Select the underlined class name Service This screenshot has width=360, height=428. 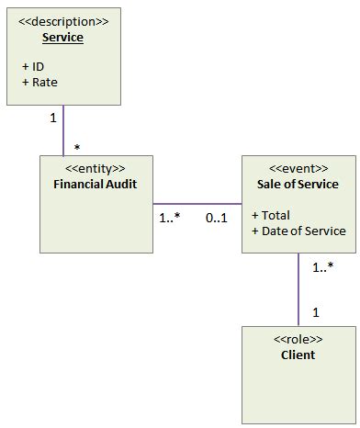tap(63, 38)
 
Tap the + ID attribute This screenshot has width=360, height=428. tap(33, 67)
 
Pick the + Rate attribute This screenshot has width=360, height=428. tap(39, 82)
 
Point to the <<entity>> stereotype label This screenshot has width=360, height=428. tap(96, 168)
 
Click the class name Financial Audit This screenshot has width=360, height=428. tap(96, 184)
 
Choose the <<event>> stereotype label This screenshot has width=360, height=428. tap(298, 168)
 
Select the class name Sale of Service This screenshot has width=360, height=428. tap(298, 184)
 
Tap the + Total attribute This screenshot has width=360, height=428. tap(271, 214)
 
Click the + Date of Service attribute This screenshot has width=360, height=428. tap(298, 230)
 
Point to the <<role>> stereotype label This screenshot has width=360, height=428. tap(298, 339)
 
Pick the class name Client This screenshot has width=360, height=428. tap(298, 355)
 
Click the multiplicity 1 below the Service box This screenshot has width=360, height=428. tap(52, 118)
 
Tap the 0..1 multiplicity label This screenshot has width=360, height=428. tap(217, 219)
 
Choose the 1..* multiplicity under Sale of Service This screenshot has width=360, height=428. tap(323, 267)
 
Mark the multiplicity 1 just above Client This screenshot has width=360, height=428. tap(315, 312)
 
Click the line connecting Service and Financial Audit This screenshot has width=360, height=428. tap(62, 133)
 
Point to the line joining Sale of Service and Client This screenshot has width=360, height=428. tap(298, 289)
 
